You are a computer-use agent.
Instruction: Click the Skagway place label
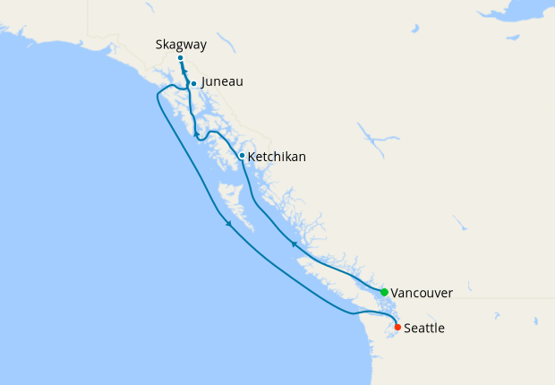click(x=181, y=42)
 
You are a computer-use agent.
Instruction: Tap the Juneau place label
click(x=222, y=81)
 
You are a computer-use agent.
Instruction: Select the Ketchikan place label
click(x=277, y=157)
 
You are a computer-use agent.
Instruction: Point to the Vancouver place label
click(x=422, y=293)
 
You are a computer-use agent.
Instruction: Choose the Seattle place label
click(x=424, y=329)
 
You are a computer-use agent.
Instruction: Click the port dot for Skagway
click(x=180, y=58)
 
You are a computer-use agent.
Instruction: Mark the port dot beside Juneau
click(x=193, y=84)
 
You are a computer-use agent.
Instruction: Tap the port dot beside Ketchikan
click(x=242, y=156)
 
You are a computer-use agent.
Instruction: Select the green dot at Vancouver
click(x=384, y=292)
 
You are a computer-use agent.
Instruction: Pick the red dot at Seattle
click(x=397, y=327)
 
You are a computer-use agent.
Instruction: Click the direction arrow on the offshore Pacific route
click(x=229, y=224)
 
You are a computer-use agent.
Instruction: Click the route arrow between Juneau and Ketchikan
click(x=196, y=133)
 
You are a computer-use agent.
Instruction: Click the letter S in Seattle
click(x=408, y=329)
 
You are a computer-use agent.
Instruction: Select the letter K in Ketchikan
click(x=252, y=157)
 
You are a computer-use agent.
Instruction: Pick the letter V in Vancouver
click(x=396, y=293)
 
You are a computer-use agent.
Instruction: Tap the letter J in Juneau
click(x=205, y=81)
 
